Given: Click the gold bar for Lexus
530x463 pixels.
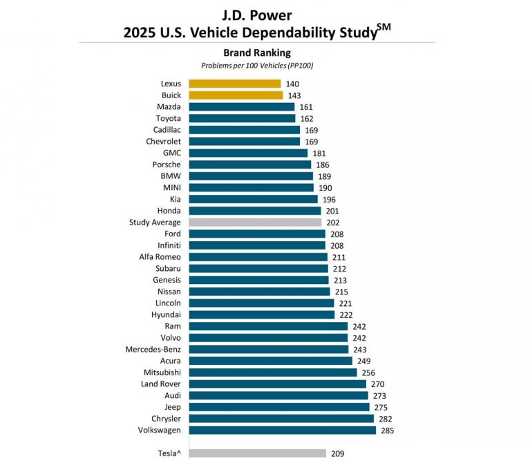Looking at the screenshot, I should click(x=235, y=84).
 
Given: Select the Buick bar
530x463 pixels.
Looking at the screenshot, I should click(x=236, y=95).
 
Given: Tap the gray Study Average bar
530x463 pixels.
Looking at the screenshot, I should click(x=256, y=223).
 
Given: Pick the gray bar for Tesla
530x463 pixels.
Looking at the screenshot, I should click(x=257, y=453).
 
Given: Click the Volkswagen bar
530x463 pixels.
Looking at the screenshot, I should click(x=283, y=430).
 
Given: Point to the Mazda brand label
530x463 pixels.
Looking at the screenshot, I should click(x=169, y=107).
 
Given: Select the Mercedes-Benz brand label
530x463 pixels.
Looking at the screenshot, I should click(x=153, y=349).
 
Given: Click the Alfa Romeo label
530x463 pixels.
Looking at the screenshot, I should click(x=160, y=257).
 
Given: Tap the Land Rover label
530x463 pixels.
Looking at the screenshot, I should click(x=161, y=384).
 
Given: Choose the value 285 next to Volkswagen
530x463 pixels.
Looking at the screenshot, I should click(x=388, y=430).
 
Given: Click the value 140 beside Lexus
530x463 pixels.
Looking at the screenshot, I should click(x=292, y=84).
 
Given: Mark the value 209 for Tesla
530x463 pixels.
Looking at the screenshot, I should click(x=338, y=453).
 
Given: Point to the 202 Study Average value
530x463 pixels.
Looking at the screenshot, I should click(x=333, y=223).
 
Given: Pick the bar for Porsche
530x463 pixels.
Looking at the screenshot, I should click(x=249, y=164).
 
